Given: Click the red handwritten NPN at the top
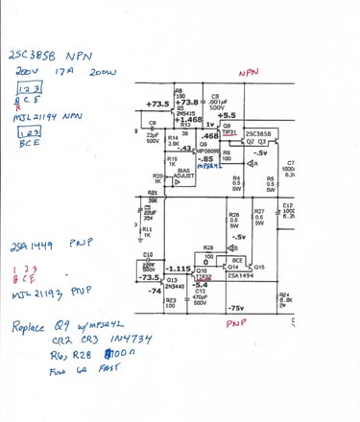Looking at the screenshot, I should (248, 72).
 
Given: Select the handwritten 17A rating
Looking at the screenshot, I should (64, 72).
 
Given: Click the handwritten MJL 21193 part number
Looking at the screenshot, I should (38, 289).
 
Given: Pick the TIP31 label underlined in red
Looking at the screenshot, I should (230, 133).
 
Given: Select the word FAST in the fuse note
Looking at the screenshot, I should (95, 369).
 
